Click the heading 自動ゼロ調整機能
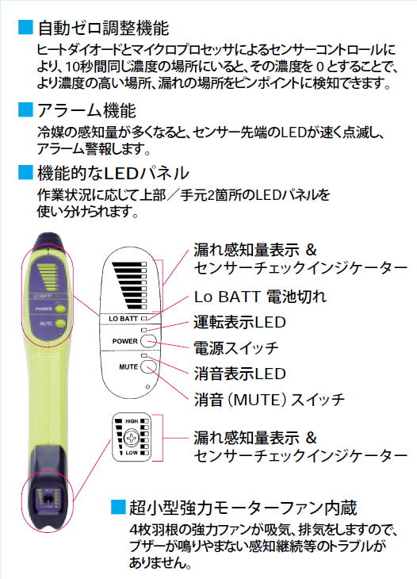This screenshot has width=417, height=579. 103,29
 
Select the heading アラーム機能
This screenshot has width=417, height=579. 86,110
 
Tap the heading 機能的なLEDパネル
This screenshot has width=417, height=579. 113,173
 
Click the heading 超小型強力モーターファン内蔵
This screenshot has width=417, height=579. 243,508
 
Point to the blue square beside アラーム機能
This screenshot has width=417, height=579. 25,109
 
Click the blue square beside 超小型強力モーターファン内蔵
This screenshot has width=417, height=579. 118,507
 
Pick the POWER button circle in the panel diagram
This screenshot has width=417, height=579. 148,341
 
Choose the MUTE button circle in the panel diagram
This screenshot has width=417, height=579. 148,366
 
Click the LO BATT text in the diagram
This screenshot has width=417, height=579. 123,319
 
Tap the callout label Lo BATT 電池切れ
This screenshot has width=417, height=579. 260,297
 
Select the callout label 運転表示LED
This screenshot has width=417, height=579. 240,322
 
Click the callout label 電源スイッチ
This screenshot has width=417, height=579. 236,348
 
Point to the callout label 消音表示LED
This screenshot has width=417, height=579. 240,374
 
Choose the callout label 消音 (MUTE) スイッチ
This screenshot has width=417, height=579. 270,400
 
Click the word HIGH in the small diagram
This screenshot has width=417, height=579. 132,421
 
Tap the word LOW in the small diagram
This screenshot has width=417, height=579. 132,453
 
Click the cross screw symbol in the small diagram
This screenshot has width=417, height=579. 132,438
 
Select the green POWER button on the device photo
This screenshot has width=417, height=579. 59,309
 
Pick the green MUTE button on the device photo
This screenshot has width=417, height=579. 59,324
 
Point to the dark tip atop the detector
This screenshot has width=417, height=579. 48,240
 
